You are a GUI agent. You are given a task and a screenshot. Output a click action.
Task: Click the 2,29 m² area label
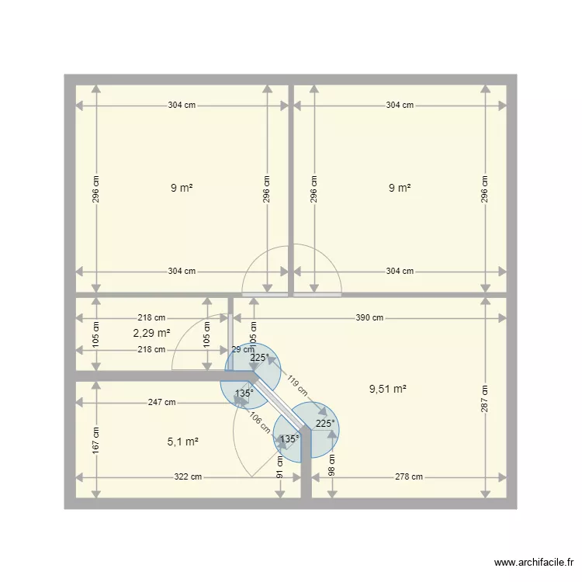click(x=151, y=333)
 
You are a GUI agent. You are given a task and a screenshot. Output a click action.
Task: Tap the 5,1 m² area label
click(x=182, y=442)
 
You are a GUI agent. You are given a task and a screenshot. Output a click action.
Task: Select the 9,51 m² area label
click(x=388, y=390)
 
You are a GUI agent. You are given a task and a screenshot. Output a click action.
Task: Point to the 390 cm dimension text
click(x=369, y=317)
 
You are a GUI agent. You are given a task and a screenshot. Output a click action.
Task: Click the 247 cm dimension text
click(x=162, y=403)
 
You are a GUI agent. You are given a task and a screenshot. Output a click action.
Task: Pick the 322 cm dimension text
click(x=187, y=477)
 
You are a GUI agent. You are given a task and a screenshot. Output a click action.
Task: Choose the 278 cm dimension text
click(x=408, y=477)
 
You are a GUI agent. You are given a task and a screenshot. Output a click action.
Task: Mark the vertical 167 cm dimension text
click(x=95, y=440)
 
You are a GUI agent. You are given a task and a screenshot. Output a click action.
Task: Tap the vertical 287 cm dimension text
click(x=485, y=398)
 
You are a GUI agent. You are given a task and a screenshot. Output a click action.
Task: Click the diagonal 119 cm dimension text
click(x=296, y=387)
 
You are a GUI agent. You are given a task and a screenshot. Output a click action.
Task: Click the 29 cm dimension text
click(x=243, y=350)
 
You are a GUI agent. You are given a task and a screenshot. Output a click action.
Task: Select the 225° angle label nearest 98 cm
click(x=325, y=424)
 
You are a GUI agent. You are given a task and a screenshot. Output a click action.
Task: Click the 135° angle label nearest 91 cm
click(x=288, y=438)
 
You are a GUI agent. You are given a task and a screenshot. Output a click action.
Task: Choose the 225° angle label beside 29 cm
click(x=260, y=358)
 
